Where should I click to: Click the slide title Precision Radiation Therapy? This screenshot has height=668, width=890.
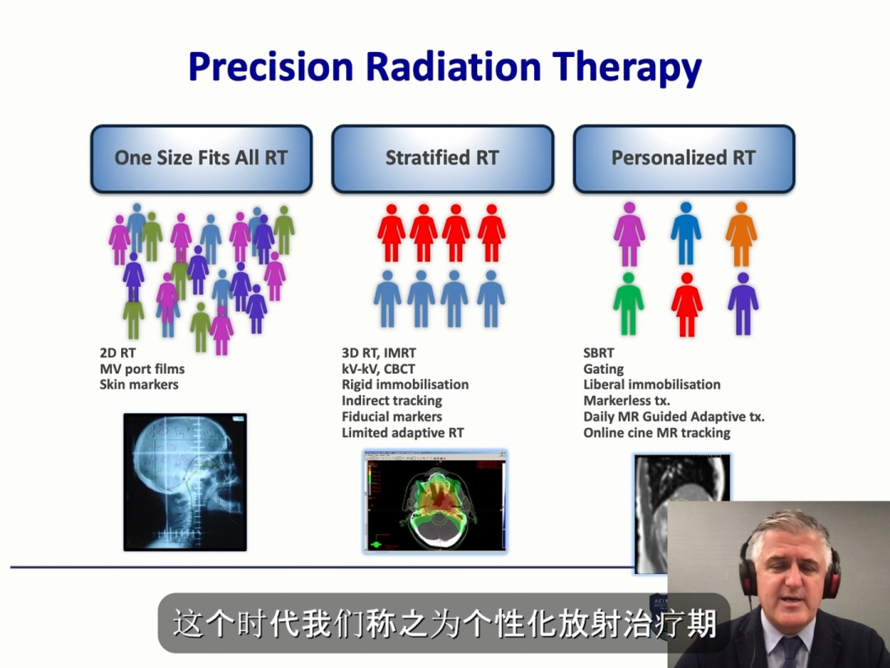pos(445,67)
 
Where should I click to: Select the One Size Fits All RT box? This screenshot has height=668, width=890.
pos(202,158)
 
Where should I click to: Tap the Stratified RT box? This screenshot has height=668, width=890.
pos(443,158)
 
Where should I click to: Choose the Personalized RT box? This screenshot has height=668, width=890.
pos(684,158)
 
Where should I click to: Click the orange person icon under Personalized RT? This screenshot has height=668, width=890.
pos(741,234)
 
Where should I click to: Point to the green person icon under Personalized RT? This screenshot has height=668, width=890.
pos(628,304)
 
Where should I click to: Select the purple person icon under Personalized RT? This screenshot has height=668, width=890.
pos(743,304)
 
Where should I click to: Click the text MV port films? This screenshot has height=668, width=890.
pos(142,369)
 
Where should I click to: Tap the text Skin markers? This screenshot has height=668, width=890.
pos(139,384)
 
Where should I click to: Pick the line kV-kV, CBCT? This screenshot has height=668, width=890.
pos(378,369)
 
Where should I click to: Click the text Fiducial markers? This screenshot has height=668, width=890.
pos(391,416)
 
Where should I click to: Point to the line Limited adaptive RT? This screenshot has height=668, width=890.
pos(402,432)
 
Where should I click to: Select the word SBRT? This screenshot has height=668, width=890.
pos(598,353)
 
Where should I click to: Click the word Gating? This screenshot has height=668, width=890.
pos(603,369)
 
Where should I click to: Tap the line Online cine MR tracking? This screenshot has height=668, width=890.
pos(657,432)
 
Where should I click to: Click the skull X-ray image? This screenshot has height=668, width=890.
pos(185,482)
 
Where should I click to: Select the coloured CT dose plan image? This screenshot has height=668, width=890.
pos(435,501)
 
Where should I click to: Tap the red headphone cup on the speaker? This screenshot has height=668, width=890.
pos(832,571)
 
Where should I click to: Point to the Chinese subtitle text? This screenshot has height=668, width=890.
pos(444,623)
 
